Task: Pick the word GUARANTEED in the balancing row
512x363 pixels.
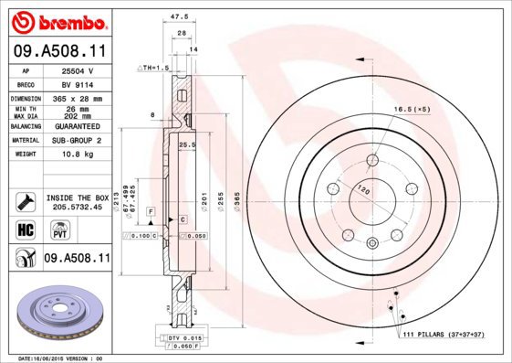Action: (x=77, y=126)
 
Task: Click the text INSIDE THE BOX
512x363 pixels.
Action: (x=78, y=198)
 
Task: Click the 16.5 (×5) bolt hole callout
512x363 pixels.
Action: (x=412, y=109)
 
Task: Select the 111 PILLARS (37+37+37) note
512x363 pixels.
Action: (x=449, y=336)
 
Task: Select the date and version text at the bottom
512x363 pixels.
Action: (x=60, y=358)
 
